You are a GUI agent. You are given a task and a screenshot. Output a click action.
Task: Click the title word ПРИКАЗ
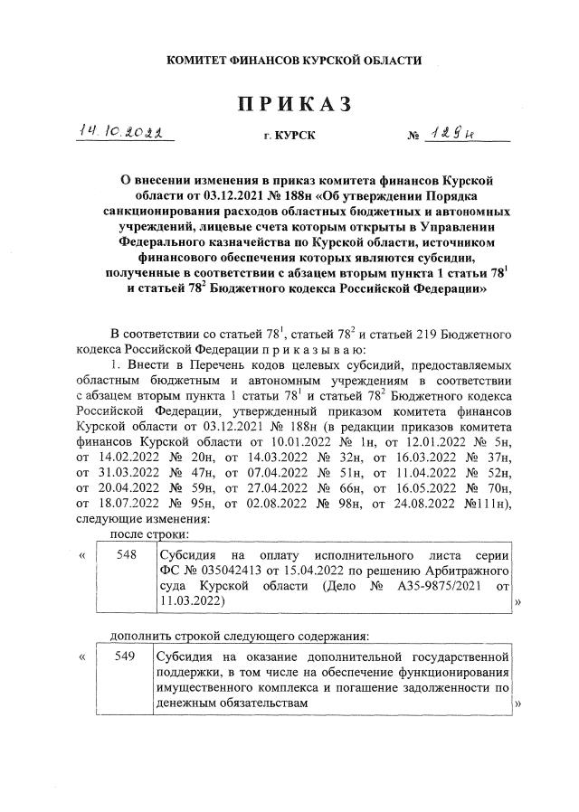[x=294, y=104]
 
